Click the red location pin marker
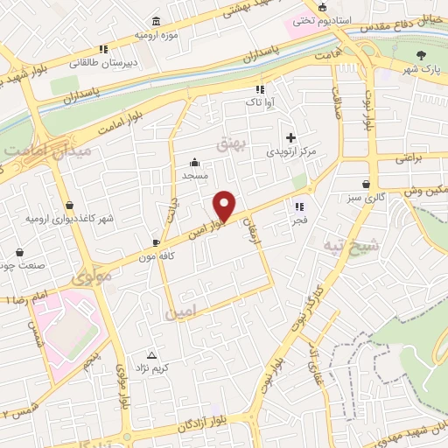point(225,205)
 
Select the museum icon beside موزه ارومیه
point(156,21)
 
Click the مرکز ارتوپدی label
point(290,151)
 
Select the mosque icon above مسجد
point(195,162)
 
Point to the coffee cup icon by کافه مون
point(156,241)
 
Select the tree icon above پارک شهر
point(420,54)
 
